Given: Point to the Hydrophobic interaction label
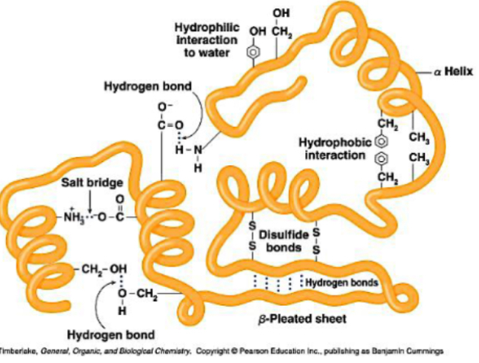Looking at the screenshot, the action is [x=334, y=148].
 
